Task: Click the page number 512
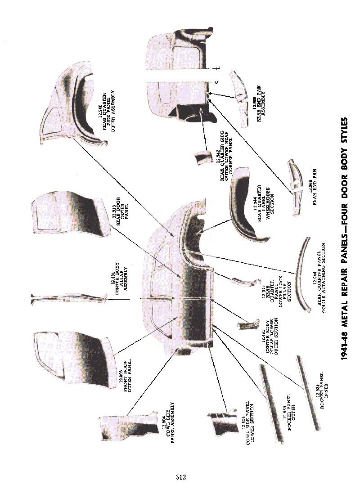pyautogui.click(x=181, y=477)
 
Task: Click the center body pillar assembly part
pyautogui.click(x=67, y=298)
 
